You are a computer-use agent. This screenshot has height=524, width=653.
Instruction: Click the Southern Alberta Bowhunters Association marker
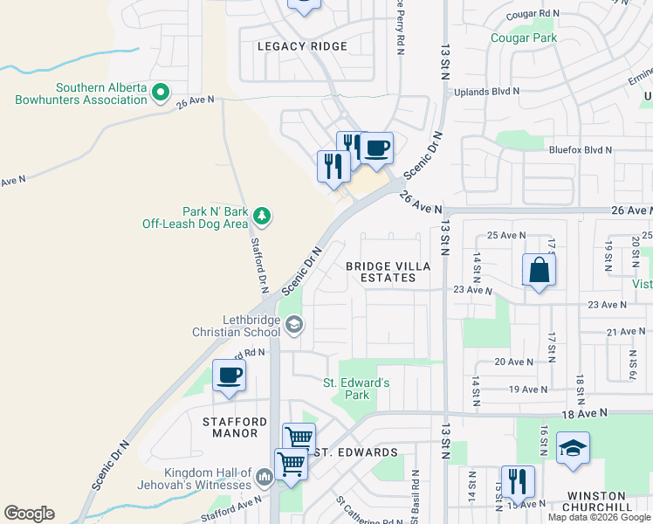(161, 91)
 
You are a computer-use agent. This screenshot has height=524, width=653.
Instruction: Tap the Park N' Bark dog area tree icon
(261, 215)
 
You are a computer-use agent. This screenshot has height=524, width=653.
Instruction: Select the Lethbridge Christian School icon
(294, 325)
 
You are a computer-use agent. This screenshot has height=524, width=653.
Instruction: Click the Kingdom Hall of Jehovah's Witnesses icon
(265, 477)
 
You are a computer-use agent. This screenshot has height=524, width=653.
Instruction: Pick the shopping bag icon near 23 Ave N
(540, 270)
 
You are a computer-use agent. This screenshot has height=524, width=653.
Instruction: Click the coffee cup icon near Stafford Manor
(229, 376)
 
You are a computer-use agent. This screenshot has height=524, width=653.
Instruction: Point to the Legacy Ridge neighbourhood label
(303, 46)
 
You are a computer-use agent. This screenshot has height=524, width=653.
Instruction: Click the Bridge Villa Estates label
(381, 272)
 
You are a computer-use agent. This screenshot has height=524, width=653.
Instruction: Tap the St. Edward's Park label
(356, 389)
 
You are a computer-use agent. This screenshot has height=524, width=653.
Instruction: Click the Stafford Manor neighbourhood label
(235, 427)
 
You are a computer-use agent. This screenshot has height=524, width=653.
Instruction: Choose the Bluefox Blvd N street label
(581, 150)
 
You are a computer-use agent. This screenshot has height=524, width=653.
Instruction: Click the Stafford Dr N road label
(259, 265)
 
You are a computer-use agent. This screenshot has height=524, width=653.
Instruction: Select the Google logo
(29, 514)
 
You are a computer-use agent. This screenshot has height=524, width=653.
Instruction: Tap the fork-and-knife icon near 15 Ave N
(519, 481)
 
